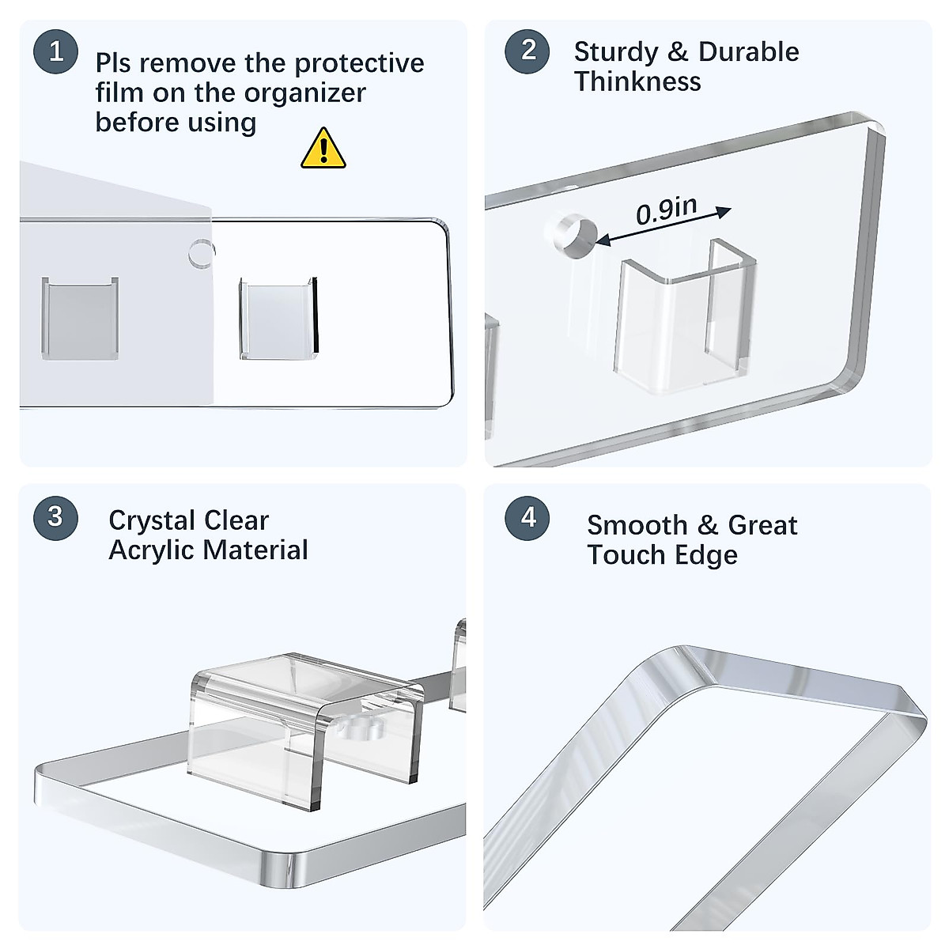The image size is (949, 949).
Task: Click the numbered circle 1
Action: point(55,51)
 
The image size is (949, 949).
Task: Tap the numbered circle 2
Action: point(527,51)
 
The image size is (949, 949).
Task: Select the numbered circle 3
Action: point(55,517)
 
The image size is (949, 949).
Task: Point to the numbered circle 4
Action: point(527,517)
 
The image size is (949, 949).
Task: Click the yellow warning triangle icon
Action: point(323,149)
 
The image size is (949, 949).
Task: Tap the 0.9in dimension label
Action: point(667,210)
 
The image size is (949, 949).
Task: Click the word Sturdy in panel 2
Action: point(615,52)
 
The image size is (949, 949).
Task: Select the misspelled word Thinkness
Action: point(637,81)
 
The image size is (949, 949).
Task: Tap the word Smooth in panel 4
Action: point(637,525)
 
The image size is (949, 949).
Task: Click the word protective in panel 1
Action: point(359,64)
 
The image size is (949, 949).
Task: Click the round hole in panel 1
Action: point(202,253)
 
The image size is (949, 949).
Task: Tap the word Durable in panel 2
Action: point(749,51)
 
